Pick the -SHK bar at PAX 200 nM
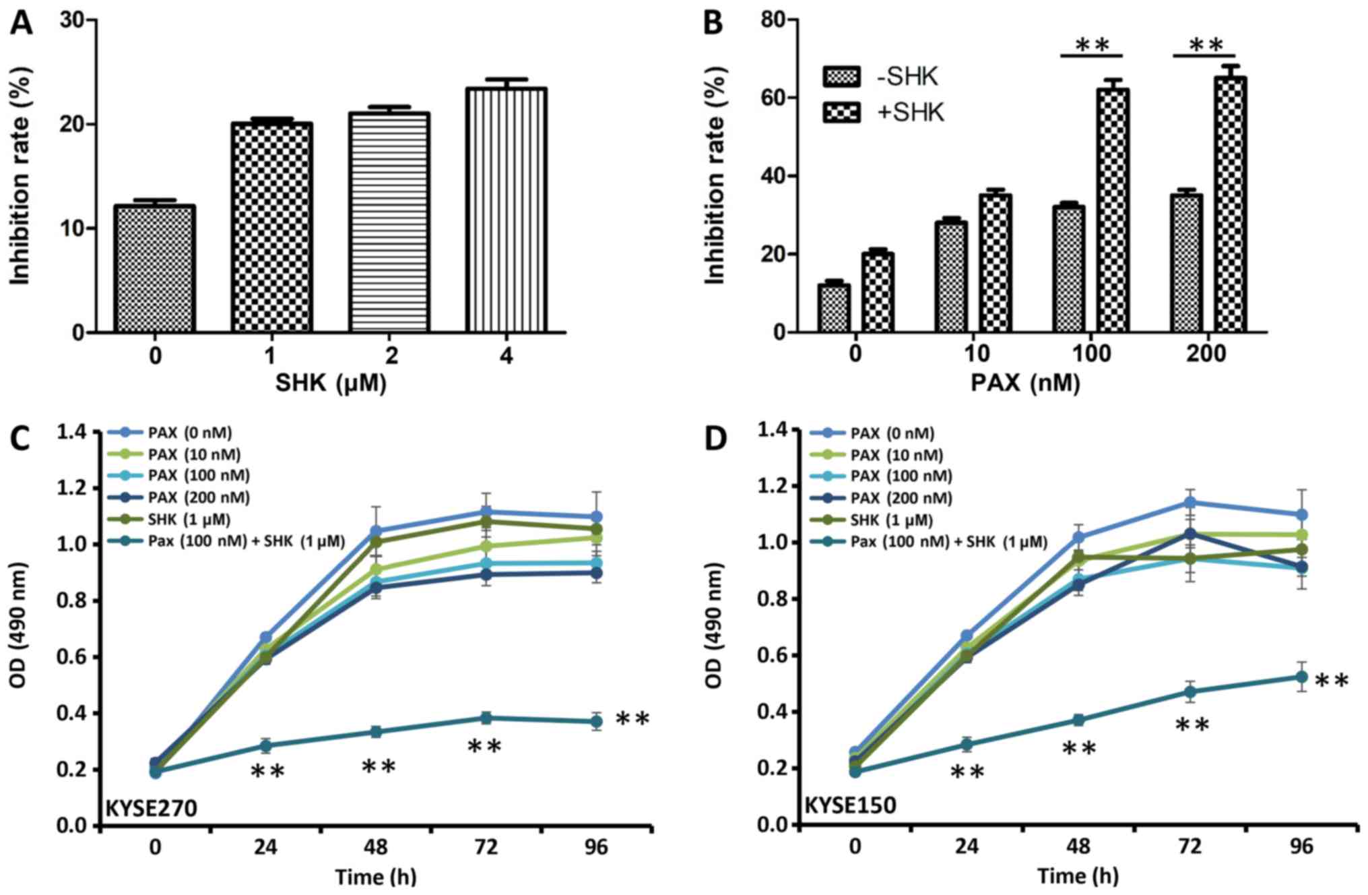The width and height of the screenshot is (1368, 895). [1186, 263]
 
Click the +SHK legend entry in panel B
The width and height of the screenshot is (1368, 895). [882, 112]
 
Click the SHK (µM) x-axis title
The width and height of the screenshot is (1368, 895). [331, 383]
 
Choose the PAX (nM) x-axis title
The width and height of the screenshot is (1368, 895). [1025, 383]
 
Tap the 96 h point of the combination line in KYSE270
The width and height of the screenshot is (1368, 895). [596, 722]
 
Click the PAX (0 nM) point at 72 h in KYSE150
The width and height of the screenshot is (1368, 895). [1190, 502]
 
